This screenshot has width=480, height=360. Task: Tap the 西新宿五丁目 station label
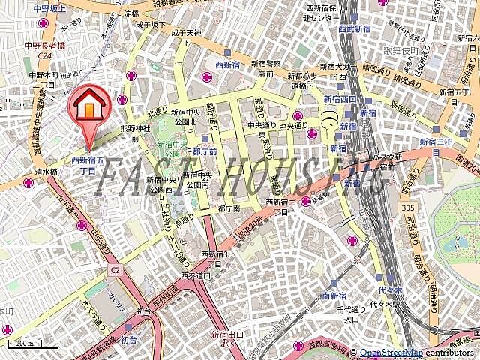[x=83, y=165]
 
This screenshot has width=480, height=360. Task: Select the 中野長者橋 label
[x=47, y=44]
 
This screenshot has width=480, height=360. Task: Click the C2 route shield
[x=115, y=268]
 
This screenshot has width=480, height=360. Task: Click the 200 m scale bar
[x=27, y=345]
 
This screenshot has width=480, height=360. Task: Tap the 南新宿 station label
[x=332, y=296]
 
